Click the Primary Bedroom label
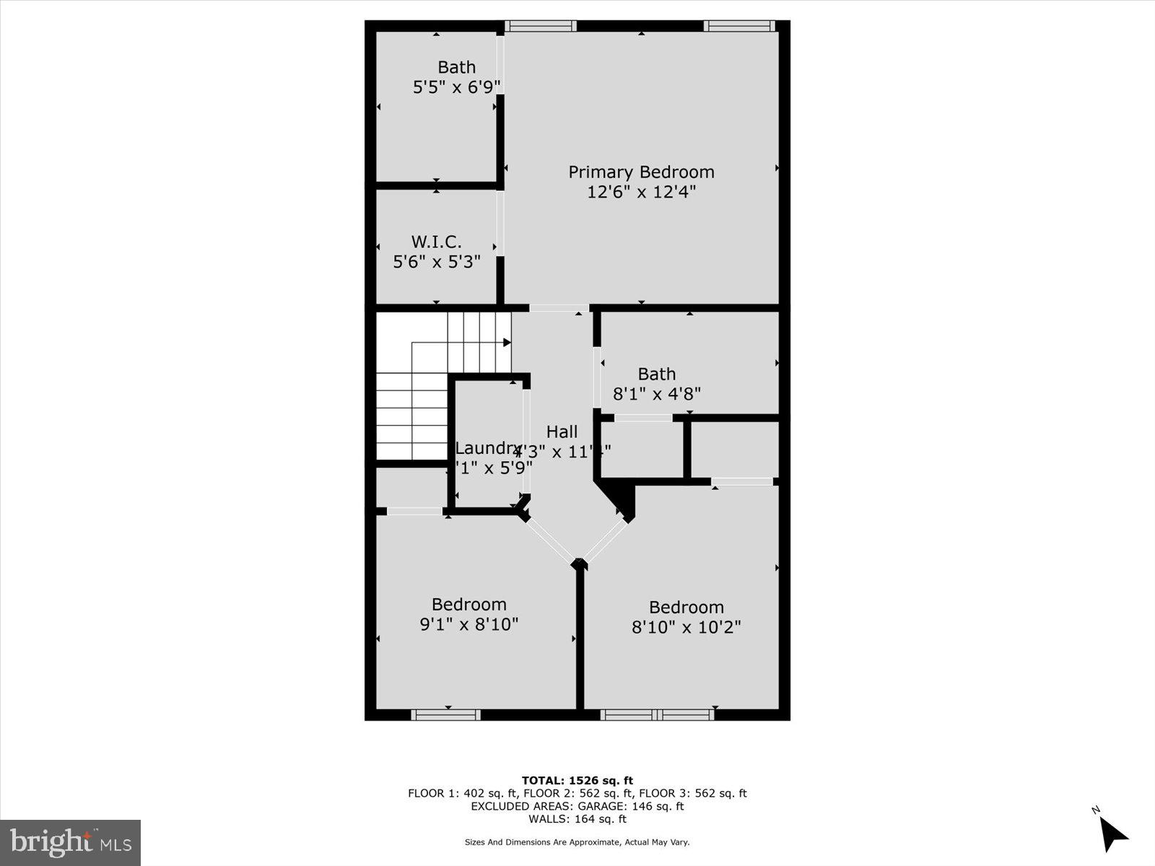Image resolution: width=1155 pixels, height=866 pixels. pyautogui.click(x=641, y=172)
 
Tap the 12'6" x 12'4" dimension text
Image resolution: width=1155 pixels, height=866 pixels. pyautogui.click(x=641, y=192)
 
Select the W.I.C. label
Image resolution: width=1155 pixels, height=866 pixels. pyautogui.click(x=436, y=241)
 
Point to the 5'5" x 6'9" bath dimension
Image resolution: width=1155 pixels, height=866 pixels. pyautogui.click(x=456, y=87)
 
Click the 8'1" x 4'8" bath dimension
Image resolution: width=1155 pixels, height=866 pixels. pyautogui.click(x=656, y=394)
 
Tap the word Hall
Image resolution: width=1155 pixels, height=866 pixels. pyautogui.click(x=562, y=432)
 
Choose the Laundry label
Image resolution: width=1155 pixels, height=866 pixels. pyautogui.click(x=487, y=448)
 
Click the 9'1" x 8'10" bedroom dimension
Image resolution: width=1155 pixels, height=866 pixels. pyautogui.click(x=468, y=624)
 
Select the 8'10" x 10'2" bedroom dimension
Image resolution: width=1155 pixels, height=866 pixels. pyautogui.click(x=686, y=626)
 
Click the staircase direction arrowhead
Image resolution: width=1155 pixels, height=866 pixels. pyautogui.click(x=507, y=342)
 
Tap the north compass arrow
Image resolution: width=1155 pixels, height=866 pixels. pyautogui.click(x=1113, y=834)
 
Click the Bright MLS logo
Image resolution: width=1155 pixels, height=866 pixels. pyautogui.click(x=70, y=842)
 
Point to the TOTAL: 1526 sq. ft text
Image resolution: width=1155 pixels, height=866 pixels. pyautogui.click(x=577, y=780)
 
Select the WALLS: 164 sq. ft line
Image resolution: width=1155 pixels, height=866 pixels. pyautogui.click(x=577, y=819)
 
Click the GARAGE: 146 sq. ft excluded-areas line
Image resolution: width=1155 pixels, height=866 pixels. pyautogui.click(x=577, y=806)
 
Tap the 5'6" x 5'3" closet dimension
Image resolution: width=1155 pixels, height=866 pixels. pyautogui.click(x=436, y=261)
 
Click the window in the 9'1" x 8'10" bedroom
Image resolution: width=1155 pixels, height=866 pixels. pyautogui.click(x=445, y=714)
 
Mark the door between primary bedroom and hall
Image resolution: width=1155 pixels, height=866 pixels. pyautogui.click(x=559, y=308)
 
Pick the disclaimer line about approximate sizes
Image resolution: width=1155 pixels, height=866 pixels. pyautogui.click(x=577, y=842)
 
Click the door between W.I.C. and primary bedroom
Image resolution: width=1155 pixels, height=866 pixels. pyautogui.click(x=500, y=223)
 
